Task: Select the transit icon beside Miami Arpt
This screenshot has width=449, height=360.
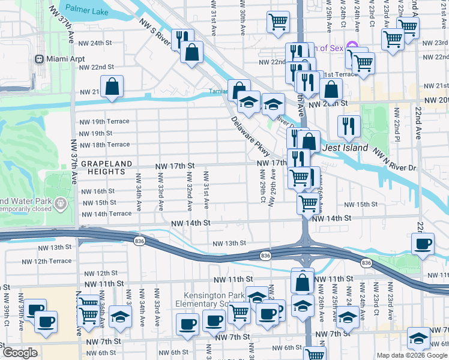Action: pos(40,59)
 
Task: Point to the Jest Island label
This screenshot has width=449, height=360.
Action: pos(345,147)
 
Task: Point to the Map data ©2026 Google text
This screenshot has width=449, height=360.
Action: pos(411,355)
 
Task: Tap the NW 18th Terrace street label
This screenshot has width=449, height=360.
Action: pos(105,145)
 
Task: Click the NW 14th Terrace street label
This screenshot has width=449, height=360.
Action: pos(106,214)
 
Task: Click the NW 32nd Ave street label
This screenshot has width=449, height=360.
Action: pos(189,190)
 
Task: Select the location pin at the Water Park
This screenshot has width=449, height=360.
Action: pos(61,205)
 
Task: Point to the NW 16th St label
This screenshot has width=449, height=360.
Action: pos(98,191)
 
